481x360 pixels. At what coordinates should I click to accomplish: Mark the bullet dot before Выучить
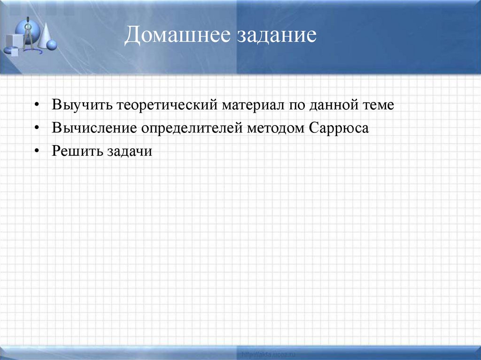pyautogui.click(x=38, y=105)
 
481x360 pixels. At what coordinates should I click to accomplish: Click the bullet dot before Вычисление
pyautogui.click(x=38, y=128)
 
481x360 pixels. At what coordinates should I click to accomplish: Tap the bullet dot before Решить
pyautogui.click(x=38, y=152)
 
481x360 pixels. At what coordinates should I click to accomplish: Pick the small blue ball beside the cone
pyautogui.click(x=52, y=46)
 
